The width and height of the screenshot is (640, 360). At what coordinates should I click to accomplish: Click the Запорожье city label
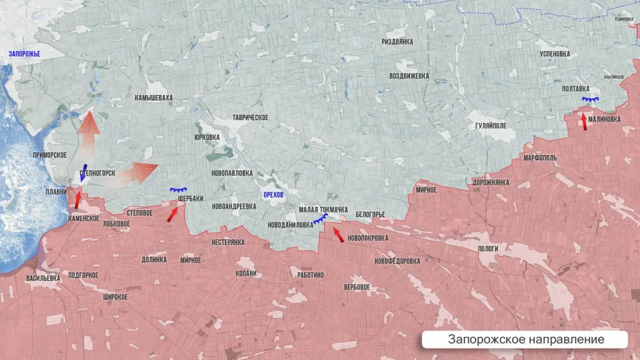[x=24, y=54]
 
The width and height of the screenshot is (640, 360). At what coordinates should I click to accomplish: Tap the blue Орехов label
[x=274, y=195]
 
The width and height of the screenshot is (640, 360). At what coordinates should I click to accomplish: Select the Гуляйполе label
[x=491, y=125]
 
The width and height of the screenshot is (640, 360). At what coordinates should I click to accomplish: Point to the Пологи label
[x=488, y=248]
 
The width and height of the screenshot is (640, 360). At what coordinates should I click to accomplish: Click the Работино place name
[x=311, y=275]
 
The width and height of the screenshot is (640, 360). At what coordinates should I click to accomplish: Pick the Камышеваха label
[x=154, y=98]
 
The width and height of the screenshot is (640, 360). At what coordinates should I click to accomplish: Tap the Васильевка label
[x=43, y=277]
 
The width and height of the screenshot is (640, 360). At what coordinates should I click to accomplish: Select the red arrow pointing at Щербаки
[x=172, y=214]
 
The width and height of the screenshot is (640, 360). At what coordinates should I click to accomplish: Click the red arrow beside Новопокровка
[x=337, y=235]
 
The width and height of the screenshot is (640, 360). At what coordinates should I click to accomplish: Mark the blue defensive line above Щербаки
[x=179, y=190]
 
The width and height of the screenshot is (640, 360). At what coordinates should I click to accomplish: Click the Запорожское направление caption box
[x=525, y=339]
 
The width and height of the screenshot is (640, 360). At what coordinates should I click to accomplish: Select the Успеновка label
[x=555, y=54]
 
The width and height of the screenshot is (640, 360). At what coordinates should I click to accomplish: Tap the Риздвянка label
[x=397, y=41]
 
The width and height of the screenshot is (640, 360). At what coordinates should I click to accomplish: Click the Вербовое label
[x=357, y=287]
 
